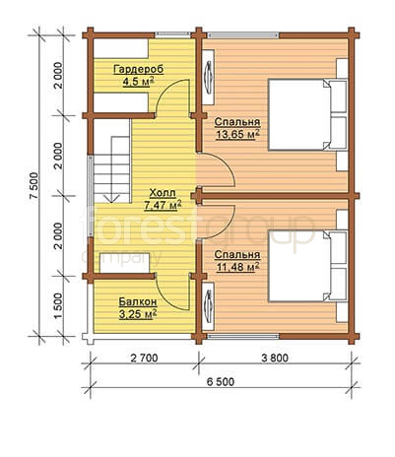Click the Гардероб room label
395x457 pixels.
pyautogui.click(x=138, y=70)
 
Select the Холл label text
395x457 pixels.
pyautogui.click(x=163, y=193)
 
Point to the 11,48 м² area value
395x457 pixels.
pyautogui.click(x=237, y=267)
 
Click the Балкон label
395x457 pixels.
pyautogui.click(x=138, y=301)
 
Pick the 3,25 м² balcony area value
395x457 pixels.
pyautogui.click(x=138, y=314)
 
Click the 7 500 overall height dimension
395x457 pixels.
pyautogui.click(x=34, y=185)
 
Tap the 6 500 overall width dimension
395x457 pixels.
pyautogui.click(x=221, y=382)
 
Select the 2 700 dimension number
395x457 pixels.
pyautogui.click(x=144, y=358)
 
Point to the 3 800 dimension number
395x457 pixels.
pyautogui.click(x=275, y=358)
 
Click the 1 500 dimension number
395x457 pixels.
pyautogui.click(x=58, y=306)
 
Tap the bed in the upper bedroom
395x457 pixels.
pyautogui.click(x=307, y=115)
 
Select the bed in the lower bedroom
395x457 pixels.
pyautogui.click(x=307, y=266)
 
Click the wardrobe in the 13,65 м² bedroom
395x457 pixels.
pyautogui.click(x=208, y=78)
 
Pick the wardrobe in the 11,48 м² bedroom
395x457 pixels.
pyautogui.click(x=208, y=306)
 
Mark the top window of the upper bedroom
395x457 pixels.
pyautogui.click(x=243, y=35)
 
